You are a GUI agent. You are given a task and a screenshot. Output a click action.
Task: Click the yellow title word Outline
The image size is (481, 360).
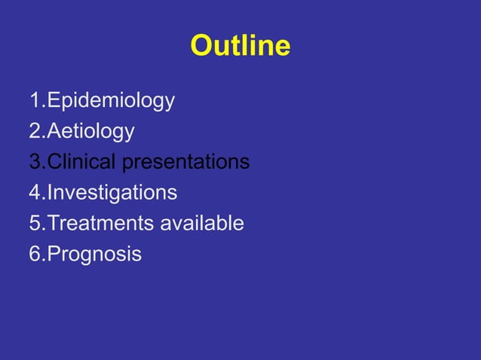[240, 47]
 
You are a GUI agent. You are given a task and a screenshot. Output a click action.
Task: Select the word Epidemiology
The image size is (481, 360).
[111, 101]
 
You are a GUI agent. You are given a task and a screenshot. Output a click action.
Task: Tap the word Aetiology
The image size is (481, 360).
[90, 132]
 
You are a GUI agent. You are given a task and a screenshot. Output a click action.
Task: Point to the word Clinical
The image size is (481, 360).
[81, 162]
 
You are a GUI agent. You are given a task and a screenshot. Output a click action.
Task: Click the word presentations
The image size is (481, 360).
[185, 162]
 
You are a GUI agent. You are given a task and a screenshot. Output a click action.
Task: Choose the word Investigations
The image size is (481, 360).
[112, 193]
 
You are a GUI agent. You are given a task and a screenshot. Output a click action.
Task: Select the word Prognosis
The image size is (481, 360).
[94, 255]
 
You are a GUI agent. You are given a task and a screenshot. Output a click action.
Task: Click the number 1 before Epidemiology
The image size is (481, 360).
[35, 101]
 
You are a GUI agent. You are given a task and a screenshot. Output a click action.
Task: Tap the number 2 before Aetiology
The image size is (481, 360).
[35, 132]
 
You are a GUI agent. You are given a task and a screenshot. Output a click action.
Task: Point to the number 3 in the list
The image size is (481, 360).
[35, 162]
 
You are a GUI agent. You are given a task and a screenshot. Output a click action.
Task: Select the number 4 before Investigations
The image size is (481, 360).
[35, 193]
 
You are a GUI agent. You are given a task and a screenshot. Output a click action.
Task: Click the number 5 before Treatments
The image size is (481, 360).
[35, 224]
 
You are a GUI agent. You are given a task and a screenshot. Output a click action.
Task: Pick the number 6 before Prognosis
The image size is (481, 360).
[35, 255]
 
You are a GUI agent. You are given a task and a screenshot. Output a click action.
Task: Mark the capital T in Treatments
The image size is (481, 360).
[53, 224]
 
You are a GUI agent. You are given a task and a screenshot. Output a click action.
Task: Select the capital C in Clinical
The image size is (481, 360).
[54, 162]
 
